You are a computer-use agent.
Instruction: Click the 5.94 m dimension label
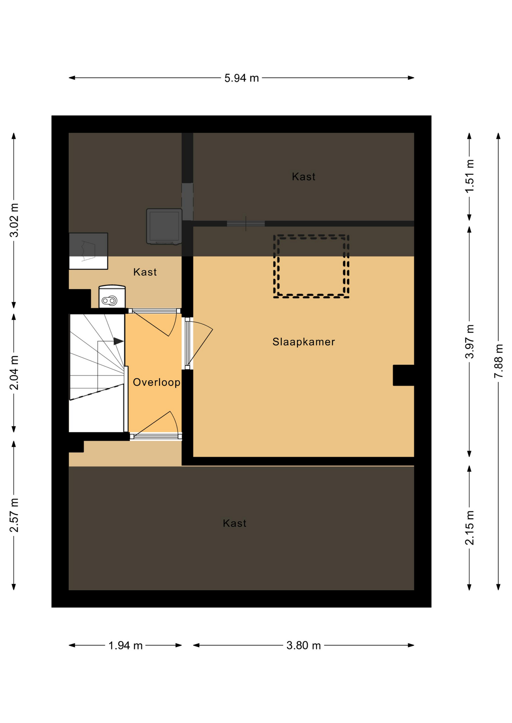click(x=242, y=78)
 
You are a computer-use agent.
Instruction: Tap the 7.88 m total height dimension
click(x=498, y=361)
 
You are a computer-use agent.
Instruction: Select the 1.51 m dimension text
click(x=469, y=176)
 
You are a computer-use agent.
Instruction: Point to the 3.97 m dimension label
click(x=469, y=341)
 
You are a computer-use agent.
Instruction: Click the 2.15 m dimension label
click(x=469, y=528)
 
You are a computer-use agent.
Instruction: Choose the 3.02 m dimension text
click(x=14, y=220)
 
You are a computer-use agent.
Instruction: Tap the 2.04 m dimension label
click(x=14, y=373)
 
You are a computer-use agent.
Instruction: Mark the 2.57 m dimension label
click(x=14, y=515)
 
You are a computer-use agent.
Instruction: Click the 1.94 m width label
click(x=126, y=645)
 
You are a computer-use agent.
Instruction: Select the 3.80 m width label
click(x=304, y=645)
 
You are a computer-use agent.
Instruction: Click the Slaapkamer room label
click(x=304, y=342)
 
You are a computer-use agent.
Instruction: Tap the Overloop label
click(x=156, y=383)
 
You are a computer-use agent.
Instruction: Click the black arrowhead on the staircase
click(x=118, y=341)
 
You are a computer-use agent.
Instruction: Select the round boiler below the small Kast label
click(x=112, y=297)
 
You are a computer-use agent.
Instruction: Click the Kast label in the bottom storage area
click(x=235, y=523)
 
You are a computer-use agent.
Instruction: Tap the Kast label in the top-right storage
click(x=304, y=177)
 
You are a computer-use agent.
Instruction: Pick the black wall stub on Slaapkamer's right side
click(x=403, y=375)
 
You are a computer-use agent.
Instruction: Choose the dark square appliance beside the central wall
click(x=164, y=226)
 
